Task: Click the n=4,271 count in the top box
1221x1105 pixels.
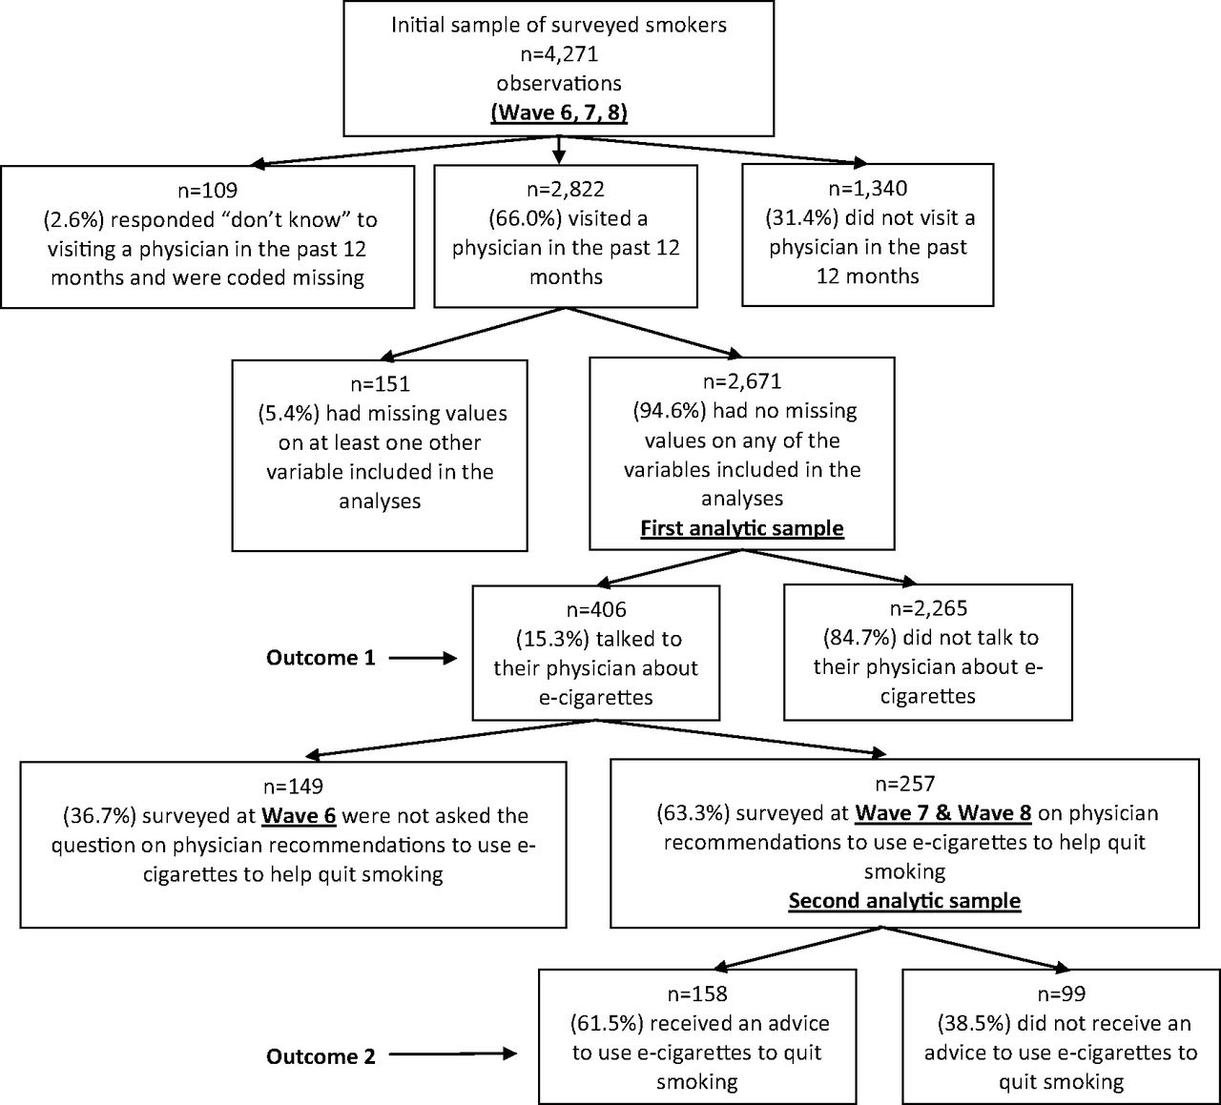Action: [x=559, y=54]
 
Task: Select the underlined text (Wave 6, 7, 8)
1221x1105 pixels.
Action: [x=559, y=113]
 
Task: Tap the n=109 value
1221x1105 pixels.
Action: [x=207, y=191]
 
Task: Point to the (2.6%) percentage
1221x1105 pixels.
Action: [x=73, y=219]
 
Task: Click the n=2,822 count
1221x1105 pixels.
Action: [x=566, y=189]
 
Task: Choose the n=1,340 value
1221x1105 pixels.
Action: [x=867, y=188]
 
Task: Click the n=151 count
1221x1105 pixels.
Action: [x=380, y=384]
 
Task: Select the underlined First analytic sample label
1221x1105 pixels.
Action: [x=742, y=528]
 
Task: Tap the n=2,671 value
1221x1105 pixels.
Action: [x=742, y=381]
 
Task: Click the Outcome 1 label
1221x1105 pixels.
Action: [x=321, y=658]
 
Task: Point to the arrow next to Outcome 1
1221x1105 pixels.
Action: [x=423, y=658]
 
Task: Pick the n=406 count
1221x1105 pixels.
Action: [x=596, y=609]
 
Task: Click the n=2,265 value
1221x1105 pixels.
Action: [x=928, y=608]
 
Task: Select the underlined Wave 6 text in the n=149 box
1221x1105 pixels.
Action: [x=299, y=815]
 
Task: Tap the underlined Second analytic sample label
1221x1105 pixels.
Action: [x=904, y=901]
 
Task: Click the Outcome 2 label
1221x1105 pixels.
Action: [x=321, y=1056]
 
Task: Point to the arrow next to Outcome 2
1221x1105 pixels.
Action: [x=453, y=1054]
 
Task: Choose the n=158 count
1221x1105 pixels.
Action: [x=697, y=994]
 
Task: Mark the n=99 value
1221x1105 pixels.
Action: [x=1062, y=994]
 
